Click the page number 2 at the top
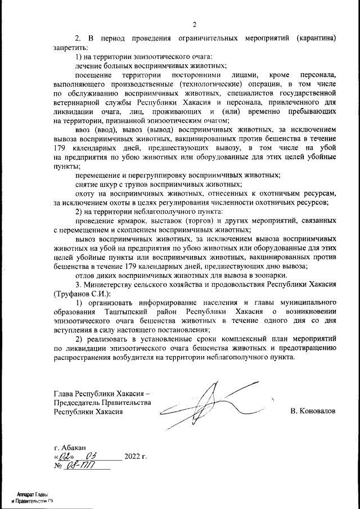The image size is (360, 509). [x=194, y=24]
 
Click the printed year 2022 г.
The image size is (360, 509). [x=135, y=456]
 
